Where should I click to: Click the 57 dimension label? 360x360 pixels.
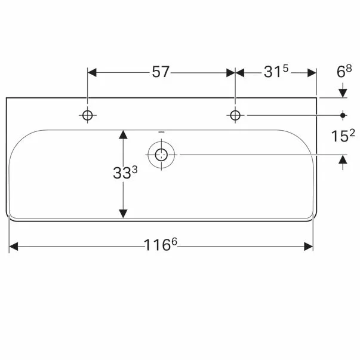(x=161, y=72)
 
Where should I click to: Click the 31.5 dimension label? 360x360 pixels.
(x=276, y=71)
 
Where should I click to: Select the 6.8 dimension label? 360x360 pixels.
(x=344, y=71)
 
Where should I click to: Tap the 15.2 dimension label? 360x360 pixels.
(x=343, y=136)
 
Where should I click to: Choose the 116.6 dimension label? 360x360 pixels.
(x=161, y=244)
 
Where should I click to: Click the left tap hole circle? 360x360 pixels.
(x=88, y=115)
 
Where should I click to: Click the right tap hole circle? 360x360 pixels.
(x=235, y=115)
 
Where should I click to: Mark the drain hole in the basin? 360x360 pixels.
(x=161, y=155)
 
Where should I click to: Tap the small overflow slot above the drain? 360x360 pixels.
(x=161, y=133)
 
